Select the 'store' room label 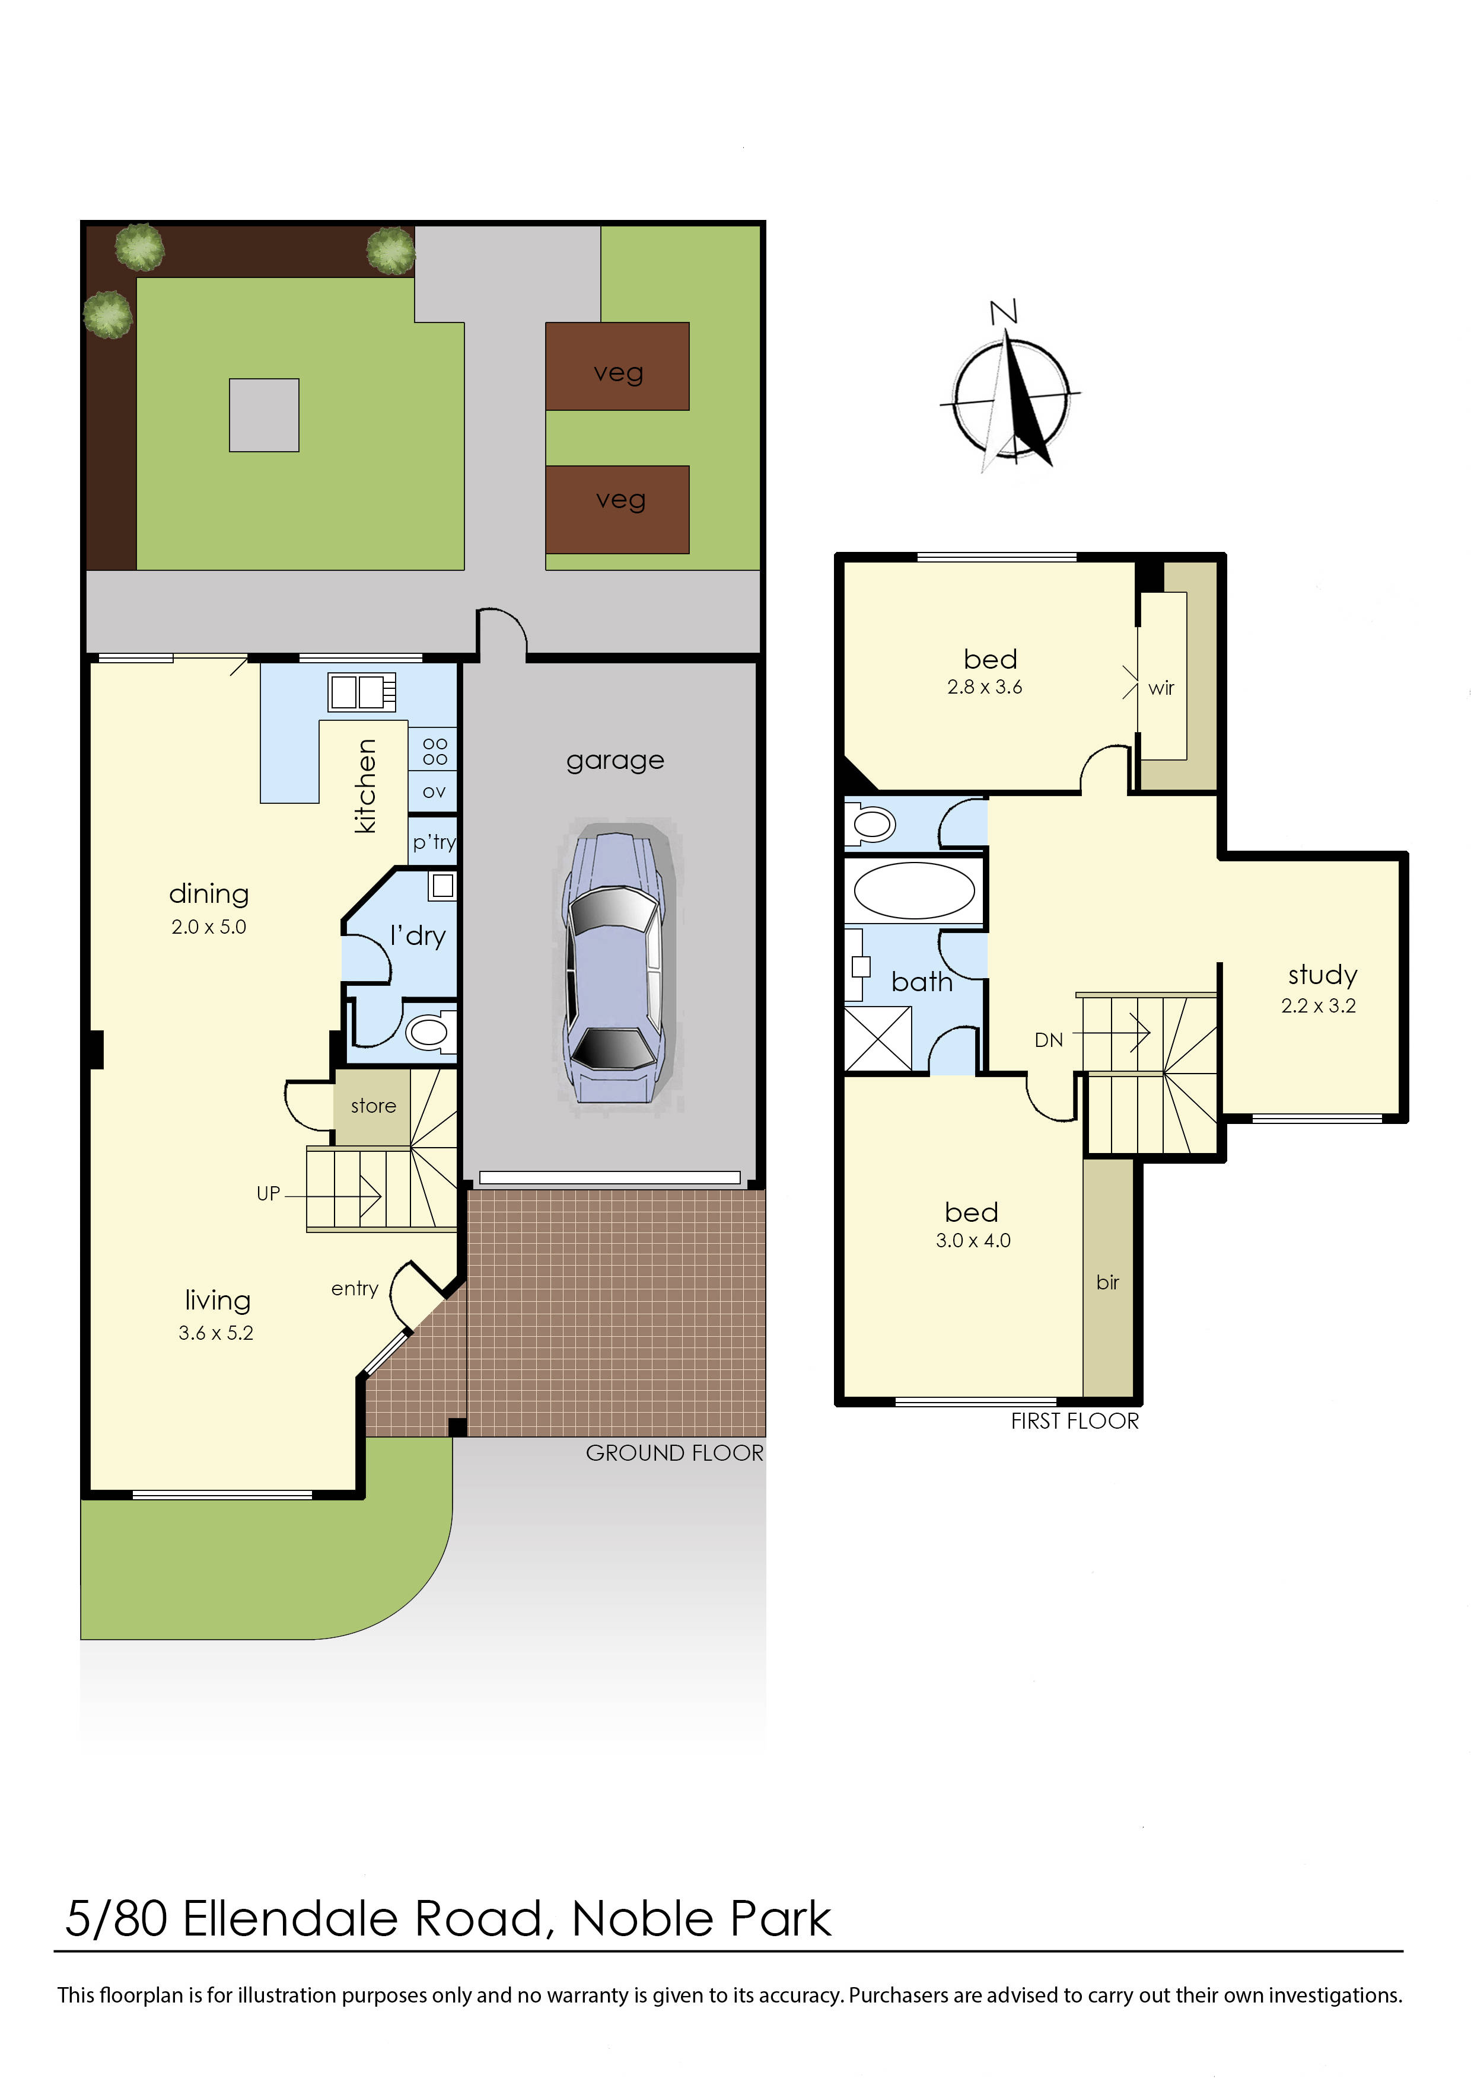click(x=373, y=1106)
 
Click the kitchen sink click(x=361, y=692)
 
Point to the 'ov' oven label click(x=434, y=791)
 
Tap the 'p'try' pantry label click(x=434, y=842)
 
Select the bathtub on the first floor click(x=914, y=890)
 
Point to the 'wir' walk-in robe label click(x=1161, y=688)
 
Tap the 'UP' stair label click(x=268, y=1193)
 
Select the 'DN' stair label click(x=1049, y=1040)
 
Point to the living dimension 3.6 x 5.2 click(x=215, y=1333)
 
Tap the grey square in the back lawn click(x=263, y=415)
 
